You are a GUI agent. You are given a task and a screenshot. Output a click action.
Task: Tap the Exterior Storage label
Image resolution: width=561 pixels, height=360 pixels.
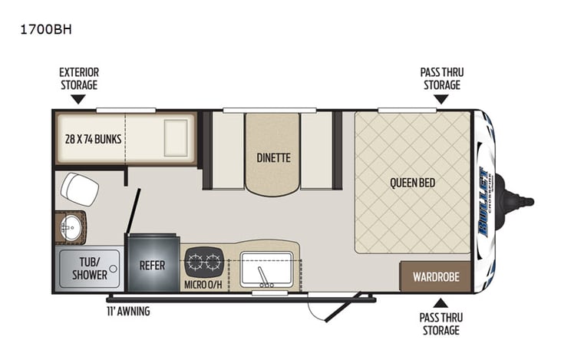tap(79, 78)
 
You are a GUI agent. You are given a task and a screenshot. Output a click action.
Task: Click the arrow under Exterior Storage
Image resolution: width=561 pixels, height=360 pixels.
tap(78, 99)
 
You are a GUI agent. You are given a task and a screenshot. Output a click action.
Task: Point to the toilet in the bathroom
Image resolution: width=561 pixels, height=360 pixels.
tap(79, 189)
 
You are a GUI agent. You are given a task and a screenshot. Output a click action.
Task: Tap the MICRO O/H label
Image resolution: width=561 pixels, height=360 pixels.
tap(203, 286)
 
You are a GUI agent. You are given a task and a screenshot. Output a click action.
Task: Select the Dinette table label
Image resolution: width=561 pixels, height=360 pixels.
tap(273, 158)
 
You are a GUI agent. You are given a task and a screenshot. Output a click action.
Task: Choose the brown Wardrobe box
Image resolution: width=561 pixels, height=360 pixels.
tap(435, 276)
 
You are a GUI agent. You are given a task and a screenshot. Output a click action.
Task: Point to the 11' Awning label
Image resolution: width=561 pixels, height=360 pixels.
tap(128, 311)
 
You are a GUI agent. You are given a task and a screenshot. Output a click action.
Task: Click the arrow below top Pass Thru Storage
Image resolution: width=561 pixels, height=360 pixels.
tap(441, 99)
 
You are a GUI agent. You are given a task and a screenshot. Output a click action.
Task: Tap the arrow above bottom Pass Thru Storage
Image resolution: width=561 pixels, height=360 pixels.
tap(441, 302)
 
